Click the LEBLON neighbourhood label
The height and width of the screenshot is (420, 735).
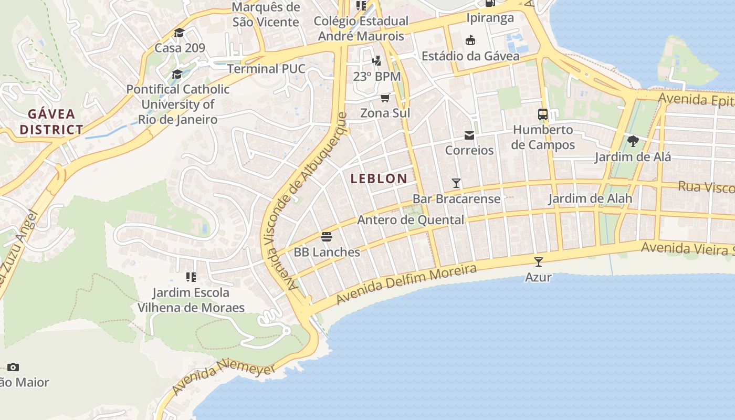[x=379, y=178]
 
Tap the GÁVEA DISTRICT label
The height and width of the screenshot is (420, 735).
[x=51, y=122]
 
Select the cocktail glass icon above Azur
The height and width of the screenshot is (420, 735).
[x=538, y=261]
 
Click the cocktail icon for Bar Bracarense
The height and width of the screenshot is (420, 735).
[x=456, y=183]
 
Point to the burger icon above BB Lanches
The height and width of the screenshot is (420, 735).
[x=327, y=237]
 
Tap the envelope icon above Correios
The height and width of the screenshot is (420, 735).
[x=469, y=136]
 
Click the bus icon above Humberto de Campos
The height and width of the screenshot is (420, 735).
[x=543, y=114]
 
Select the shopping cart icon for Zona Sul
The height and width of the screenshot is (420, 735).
[x=385, y=98]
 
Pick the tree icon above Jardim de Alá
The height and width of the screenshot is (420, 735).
[x=633, y=141]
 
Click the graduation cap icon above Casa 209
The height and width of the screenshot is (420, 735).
[x=179, y=33]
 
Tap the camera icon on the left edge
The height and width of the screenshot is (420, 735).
[x=13, y=367]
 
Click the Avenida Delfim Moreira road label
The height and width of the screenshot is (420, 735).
[x=406, y=284]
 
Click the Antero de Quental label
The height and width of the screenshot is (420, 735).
[x=411, y=220]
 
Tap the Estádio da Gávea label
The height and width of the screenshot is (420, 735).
[x=470, y=56]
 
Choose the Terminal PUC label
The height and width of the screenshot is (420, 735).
[x=266, y=69]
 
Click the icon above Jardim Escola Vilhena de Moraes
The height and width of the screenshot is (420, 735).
[x=191, y=277]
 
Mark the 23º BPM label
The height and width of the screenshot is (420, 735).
[x=376, y=77]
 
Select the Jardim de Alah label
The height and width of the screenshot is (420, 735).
[x=590, y=199]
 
